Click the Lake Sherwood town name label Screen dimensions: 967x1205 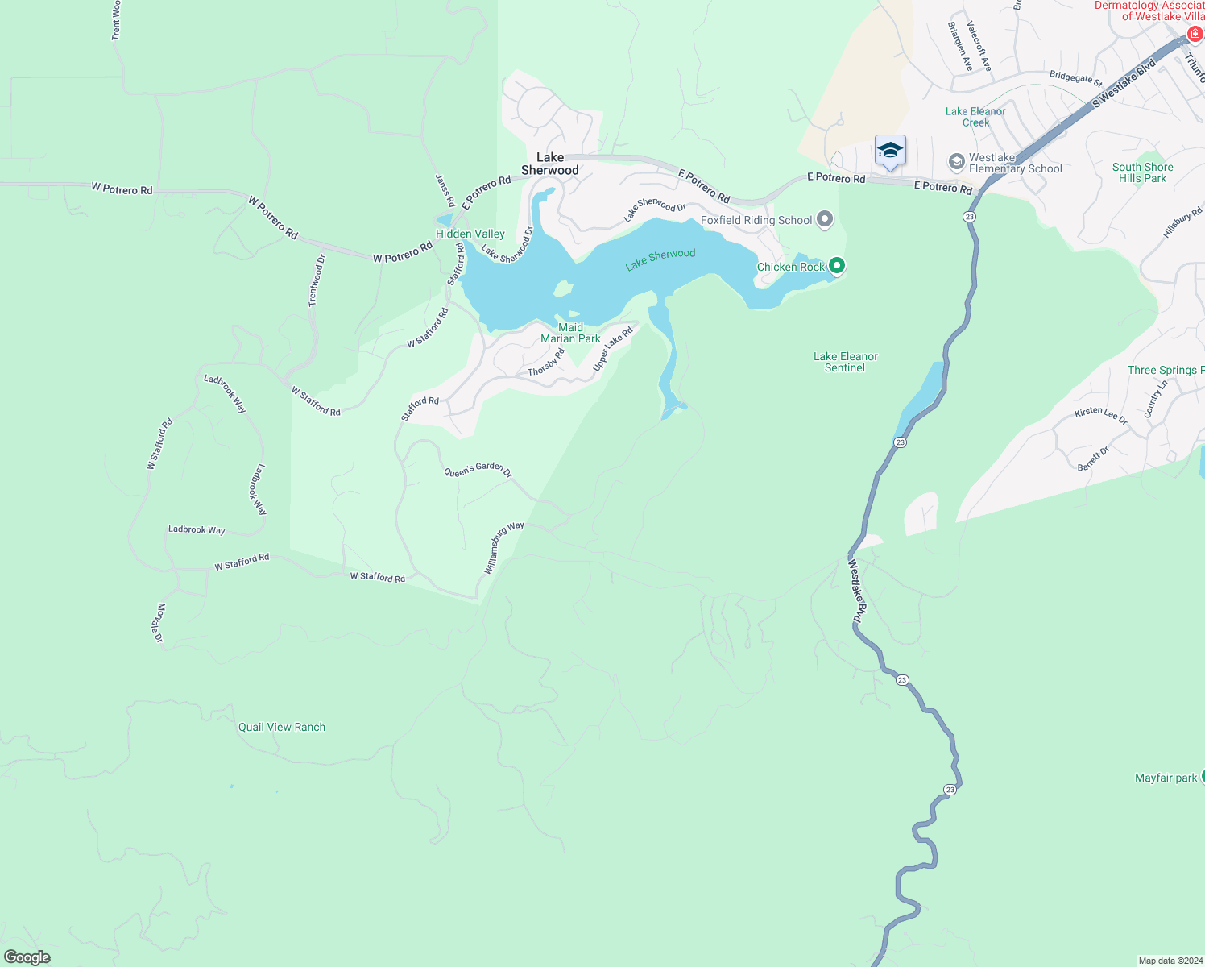tap(550, 164)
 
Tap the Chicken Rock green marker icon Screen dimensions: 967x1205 tap(837, 265)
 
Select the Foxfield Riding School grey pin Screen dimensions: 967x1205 tap(824, 219)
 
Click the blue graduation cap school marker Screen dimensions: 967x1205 tap(890, 151)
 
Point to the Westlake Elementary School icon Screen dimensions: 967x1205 tap(956, 162)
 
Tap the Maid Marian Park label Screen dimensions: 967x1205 tap(570, 333)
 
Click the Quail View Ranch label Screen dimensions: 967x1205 tap(282, 727)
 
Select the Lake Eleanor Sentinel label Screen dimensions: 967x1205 tap(845, 362)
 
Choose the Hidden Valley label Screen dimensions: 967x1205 tap(470, 234)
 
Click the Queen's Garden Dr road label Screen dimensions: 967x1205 tap(478, 470)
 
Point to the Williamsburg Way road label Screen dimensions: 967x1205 tap(503, 547)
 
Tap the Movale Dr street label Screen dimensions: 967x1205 tap(159, 622)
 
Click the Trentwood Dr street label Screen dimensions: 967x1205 tap(317, 280)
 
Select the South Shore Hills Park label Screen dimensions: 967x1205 tap(1142, 172)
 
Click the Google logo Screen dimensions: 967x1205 tap(27, 957)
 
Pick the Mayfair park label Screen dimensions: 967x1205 tap(1166, 778)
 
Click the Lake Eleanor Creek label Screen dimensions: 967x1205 tap(975, 117)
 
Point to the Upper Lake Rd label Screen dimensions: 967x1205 tap(613, 349)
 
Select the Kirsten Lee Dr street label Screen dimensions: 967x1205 tap(1101, 415)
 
